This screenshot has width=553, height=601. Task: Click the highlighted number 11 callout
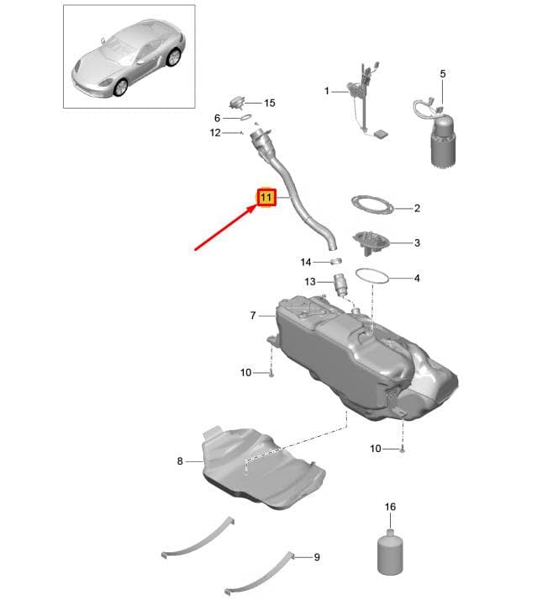(266, 198)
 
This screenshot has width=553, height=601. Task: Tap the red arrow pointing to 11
(226, 227)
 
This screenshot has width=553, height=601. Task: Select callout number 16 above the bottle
(390, 507)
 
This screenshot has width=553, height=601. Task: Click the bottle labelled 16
(390, 551)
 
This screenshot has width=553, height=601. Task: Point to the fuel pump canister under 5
(444, 143)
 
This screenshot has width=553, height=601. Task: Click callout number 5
(443, 73)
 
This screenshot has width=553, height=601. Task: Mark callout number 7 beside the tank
(253, 316)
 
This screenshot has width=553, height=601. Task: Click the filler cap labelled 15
(238, 103)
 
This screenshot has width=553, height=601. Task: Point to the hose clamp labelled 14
(336, 262)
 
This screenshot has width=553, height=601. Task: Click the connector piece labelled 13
(340, 285)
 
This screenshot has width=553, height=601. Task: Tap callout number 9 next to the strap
(317, 557)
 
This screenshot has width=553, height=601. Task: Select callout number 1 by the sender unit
(326, 91)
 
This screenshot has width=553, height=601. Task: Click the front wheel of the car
(121, 88)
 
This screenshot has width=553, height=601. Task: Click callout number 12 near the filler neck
(215, 133)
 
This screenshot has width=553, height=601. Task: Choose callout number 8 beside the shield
(180, 461)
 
